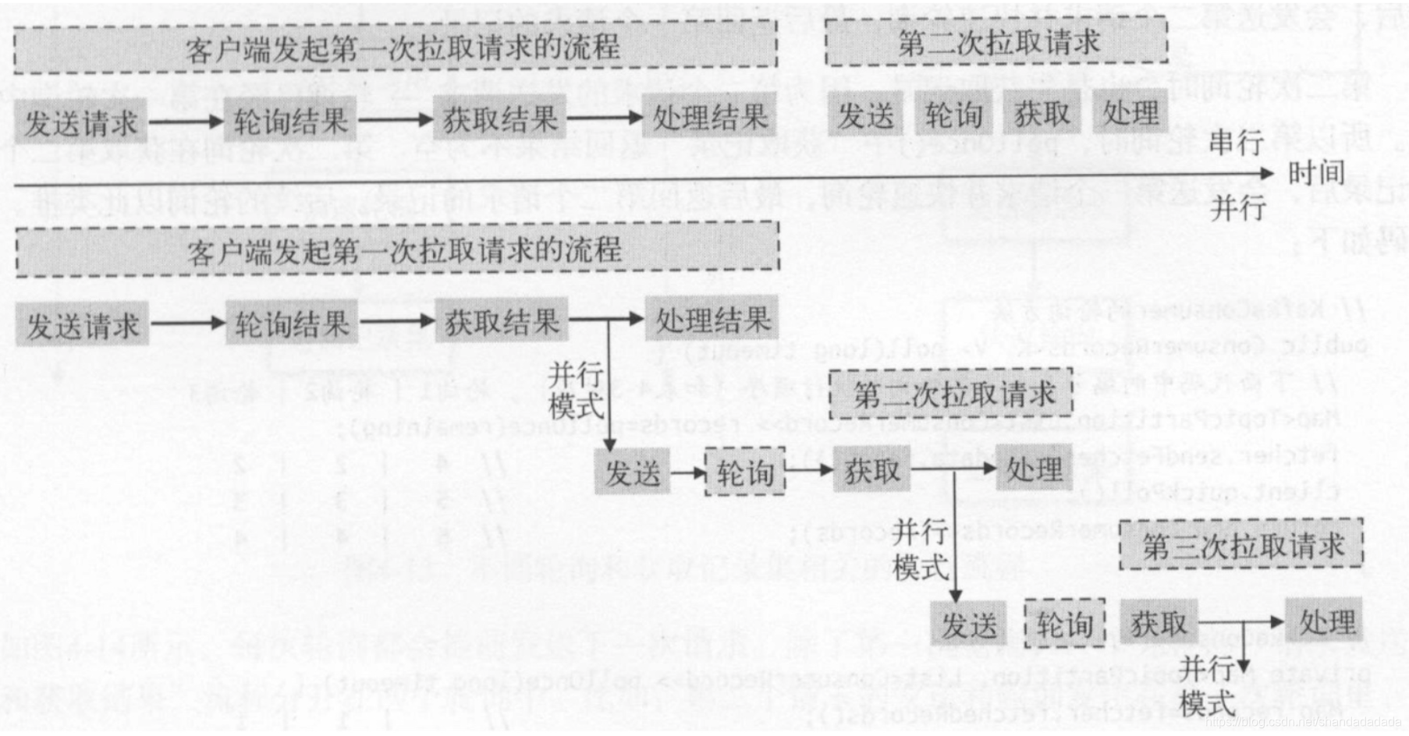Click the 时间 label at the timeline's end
pos(1316,173)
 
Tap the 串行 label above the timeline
pos(1237,143)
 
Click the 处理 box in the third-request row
pos(1325,621)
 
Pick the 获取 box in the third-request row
pos(1159,623)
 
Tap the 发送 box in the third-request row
pos(969,625)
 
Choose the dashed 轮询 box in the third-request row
pos(1064,624)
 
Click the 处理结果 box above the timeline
pos(709,119)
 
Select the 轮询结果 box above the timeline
pos(290,121)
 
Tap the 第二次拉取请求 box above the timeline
pos(996,43)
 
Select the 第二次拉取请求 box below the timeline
pos(952,395)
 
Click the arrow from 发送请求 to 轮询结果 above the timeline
pos(186,122)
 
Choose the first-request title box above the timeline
pos(396,48)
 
